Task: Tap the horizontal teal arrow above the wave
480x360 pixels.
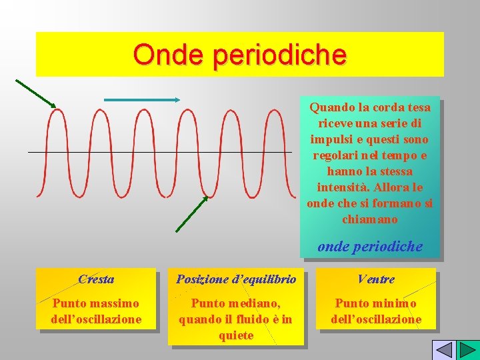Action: click(142, 100)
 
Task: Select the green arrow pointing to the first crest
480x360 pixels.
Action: click(35, 93)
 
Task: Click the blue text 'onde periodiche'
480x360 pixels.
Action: click(370, 246)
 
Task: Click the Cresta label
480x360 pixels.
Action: click(96, 279)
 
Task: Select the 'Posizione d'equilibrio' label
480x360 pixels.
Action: click(236, 279)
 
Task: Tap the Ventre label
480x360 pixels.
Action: click(376, 279)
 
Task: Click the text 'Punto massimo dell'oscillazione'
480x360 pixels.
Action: click(96, 311)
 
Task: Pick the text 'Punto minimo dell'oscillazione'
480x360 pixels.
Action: click(376, 311)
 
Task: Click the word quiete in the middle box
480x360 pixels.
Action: click(236, 335)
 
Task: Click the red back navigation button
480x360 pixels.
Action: click(443, 350)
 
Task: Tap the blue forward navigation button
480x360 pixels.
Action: click(466, 350)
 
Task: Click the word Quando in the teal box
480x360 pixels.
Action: click(329, 107)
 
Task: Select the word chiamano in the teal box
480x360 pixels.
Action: click(369, 219)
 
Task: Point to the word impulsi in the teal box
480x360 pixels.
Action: click(331, 139)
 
